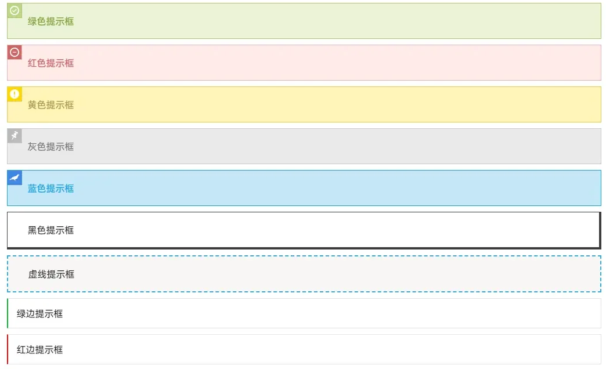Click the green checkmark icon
tap(15, 10)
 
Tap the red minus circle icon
tap(15, 52)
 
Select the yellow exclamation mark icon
tap(15, 94)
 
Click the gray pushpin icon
tap(15, 136)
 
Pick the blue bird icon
tap(15, 178)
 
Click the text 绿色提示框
tap(50, 21)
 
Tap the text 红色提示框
tap(50, 63)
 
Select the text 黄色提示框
tap(50, 104)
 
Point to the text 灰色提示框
tap(50, 146)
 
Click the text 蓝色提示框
tap(50, 188)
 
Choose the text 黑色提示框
tap(50, 230)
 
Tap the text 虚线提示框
tap(51, 274)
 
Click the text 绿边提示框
tap(39, 314)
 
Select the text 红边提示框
tap(39, 350)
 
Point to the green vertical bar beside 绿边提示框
tap(8, 313)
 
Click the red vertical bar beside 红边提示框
tap(8, 349)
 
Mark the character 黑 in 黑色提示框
tap(32, 230)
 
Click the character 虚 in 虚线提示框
tap(33, 274)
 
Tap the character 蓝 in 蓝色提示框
tap(32, 188)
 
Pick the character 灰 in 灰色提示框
tap(32, 146)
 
